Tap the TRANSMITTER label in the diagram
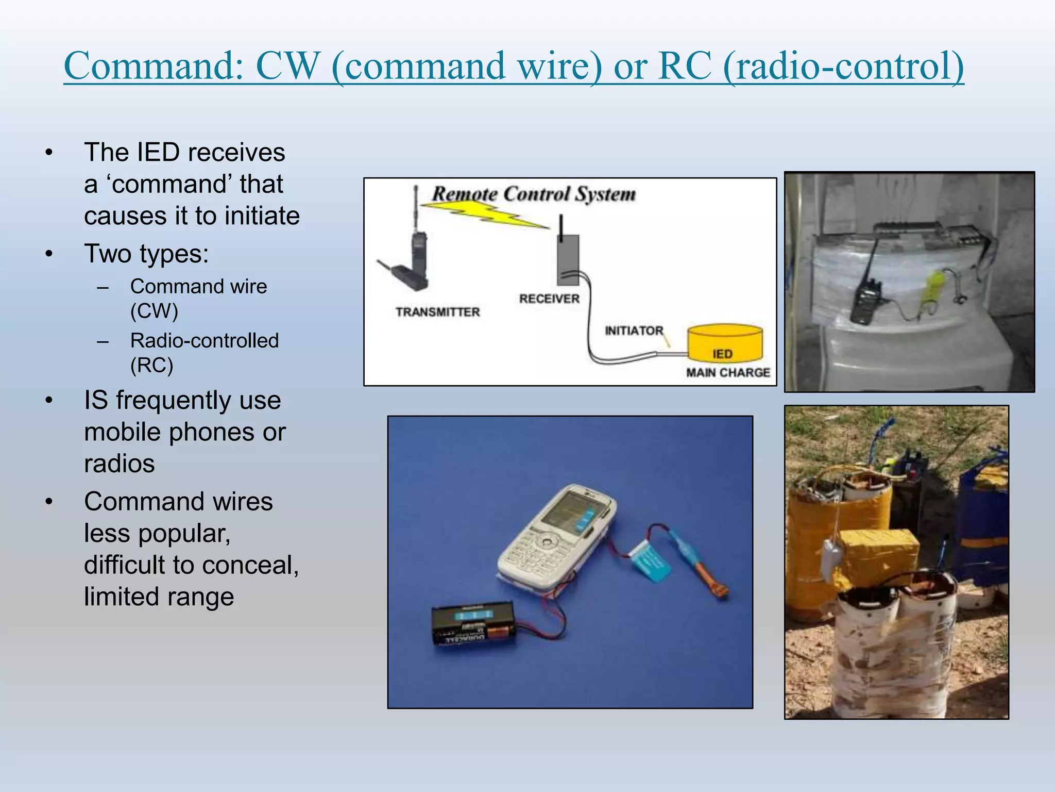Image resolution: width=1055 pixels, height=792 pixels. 437,312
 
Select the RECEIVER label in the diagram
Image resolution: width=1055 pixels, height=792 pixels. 549,299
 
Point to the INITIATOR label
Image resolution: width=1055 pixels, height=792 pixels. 634,331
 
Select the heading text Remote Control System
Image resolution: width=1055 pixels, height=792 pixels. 534,194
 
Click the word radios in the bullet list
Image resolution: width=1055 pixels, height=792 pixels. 120,464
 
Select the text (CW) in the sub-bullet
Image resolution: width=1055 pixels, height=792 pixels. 154,311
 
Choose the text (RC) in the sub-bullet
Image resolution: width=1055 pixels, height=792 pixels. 151,365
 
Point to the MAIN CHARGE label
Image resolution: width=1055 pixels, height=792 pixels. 727,372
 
